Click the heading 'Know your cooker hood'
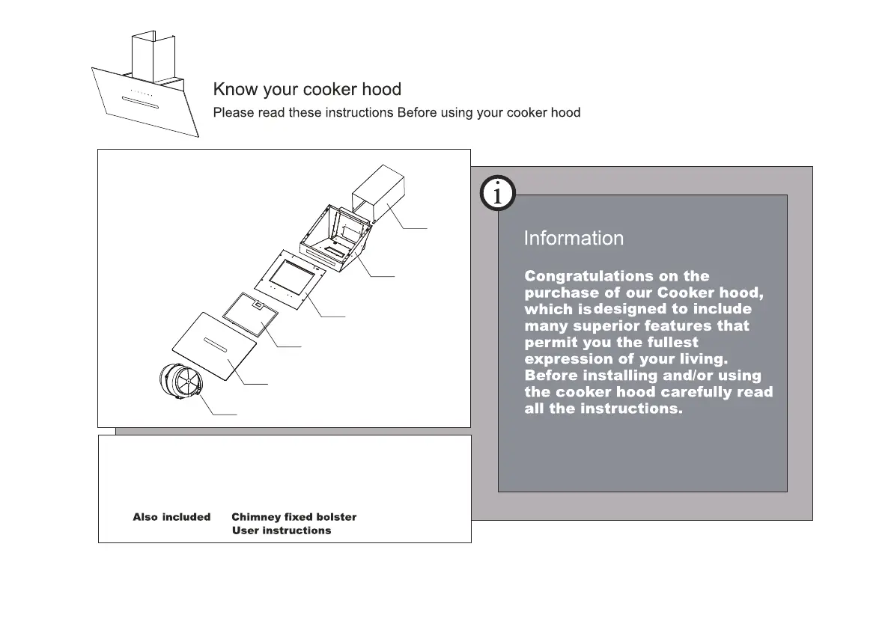click(x=307, y=90)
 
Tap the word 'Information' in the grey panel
click(x=574, y=239)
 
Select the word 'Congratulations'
click(x=578, y=277)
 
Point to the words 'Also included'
click(x=171, y=517)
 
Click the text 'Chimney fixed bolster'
click(x=294, y=517)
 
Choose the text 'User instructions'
click(x=282, y=530)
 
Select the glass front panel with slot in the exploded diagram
click(x=214, y=343)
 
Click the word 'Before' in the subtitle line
click(x=419, y=113)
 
